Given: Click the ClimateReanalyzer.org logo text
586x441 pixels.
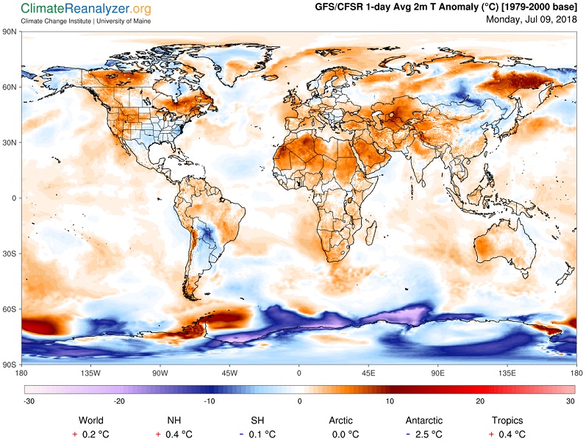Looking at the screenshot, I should point(86,9).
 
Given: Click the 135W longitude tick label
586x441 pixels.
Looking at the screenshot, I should point(90,372).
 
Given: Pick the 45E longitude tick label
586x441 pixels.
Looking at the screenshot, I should point(368,372).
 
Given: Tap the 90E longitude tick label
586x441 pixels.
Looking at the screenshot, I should point(438,372).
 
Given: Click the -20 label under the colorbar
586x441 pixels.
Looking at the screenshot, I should point(118,401).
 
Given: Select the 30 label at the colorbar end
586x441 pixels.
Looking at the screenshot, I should point(569,401).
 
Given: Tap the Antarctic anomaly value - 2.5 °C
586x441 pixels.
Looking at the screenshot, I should point(424,434).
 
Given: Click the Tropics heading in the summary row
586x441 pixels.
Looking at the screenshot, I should point(507,420).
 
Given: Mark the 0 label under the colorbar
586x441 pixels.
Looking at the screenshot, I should point(299,401).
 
